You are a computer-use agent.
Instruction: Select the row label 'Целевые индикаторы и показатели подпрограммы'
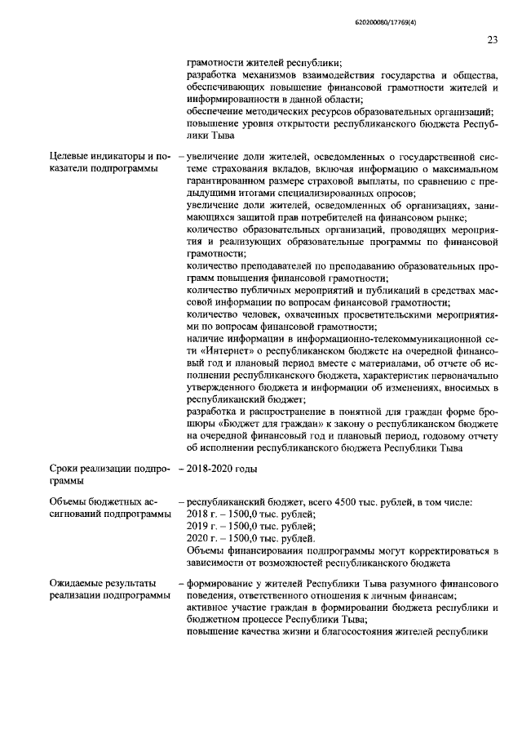point(104,163)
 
